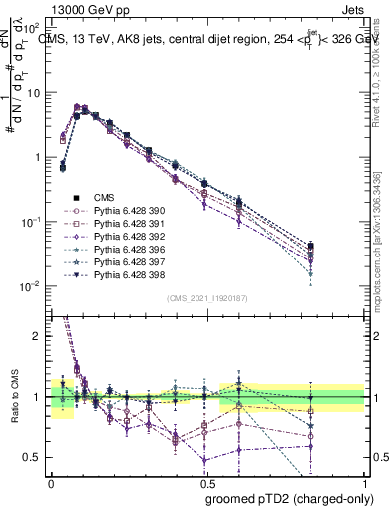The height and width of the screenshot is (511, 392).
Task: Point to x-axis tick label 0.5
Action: [x=207, y=482]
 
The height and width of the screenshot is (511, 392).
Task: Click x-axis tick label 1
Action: [x=365, y=482]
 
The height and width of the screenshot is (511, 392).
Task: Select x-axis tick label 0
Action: [x=51, y=482]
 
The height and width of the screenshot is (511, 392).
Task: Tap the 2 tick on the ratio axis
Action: [x=36, y=336]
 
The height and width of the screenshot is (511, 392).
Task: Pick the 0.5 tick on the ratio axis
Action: [x=32, y=458]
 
